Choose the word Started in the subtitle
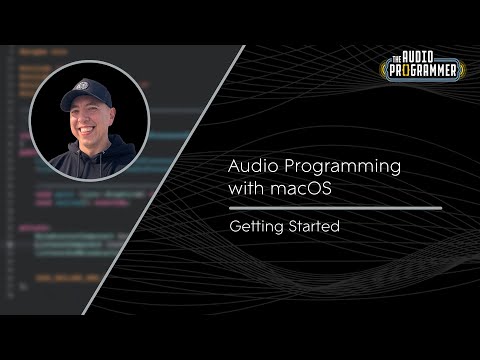(x=312, y=227)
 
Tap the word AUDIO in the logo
(x=425, y=57)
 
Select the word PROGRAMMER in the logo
(x=424, y=71)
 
